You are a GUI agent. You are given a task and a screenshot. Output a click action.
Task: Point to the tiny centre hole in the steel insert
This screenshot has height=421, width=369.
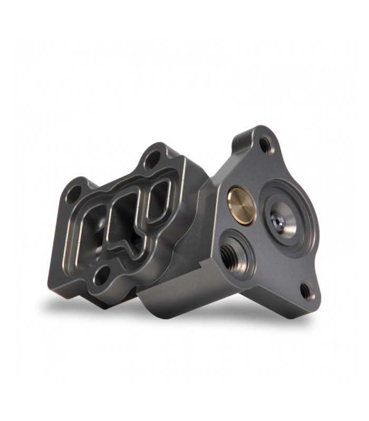coord(278,216)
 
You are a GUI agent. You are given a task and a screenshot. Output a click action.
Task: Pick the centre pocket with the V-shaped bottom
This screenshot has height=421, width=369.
coord(125,221)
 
